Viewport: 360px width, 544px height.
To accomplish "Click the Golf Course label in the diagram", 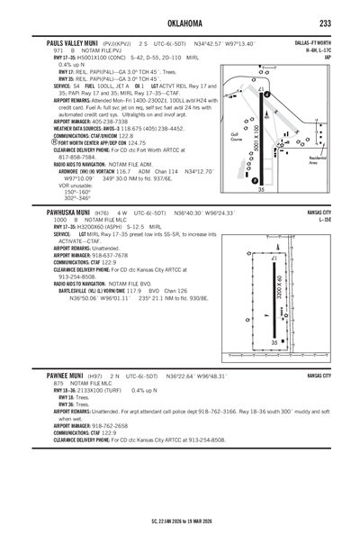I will point(237,140).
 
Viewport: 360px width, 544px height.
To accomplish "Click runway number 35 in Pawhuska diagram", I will point(274,343).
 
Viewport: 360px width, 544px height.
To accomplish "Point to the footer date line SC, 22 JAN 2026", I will point(179,520).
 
